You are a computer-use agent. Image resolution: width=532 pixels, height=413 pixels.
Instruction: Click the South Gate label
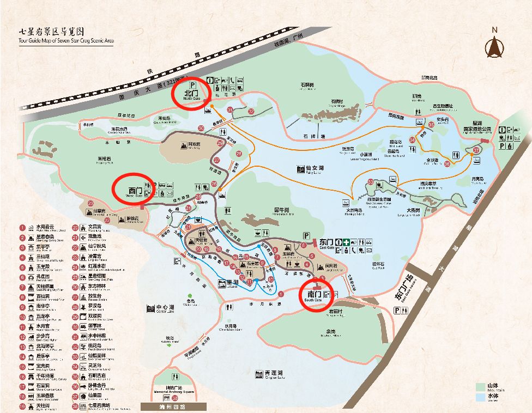click(315, 296)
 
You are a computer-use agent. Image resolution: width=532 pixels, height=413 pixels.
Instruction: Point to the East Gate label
click(325, 242)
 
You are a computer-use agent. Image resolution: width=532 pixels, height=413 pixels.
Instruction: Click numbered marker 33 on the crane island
click(371, 182)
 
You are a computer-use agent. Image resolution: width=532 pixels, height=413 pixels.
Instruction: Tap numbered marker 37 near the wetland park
click(476, 150)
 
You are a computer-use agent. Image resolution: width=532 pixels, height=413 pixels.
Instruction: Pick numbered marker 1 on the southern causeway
click(281, 294)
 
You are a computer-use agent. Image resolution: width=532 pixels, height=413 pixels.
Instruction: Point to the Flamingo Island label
click(354, 210)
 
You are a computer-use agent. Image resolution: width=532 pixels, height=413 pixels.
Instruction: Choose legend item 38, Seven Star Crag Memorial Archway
click(77, 406)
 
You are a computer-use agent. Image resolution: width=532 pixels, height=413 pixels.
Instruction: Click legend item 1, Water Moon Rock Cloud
click(23, 228)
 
